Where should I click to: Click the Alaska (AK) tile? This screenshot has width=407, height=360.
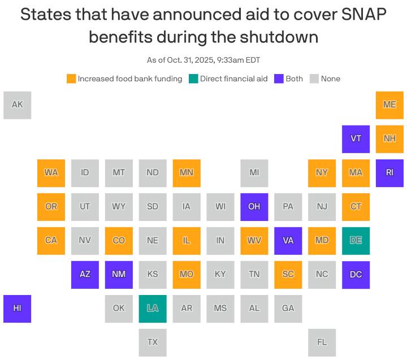click(17, 105)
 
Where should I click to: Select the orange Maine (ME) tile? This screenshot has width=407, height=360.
click(389, 105)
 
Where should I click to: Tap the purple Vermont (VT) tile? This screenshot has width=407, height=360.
click(356, 139)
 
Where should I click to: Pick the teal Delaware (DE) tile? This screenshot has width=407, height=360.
click(356, 241)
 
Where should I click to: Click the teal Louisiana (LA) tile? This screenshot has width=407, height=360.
click(153, 309)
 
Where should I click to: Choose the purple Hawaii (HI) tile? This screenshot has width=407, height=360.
click(17, 309)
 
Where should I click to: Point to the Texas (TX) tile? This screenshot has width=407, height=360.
click(153, 342)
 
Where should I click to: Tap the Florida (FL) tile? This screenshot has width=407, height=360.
click(322, 342)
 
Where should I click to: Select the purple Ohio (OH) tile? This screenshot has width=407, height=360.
click(254, 207)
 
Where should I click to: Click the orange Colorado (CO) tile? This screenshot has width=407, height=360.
click(119, 241)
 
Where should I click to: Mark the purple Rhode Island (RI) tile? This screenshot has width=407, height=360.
click(389, 173)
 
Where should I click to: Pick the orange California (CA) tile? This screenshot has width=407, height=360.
click(51, 241)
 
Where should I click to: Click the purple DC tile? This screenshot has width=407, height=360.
click(356, 275)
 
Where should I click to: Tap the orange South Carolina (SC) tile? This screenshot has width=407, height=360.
click(288, 275)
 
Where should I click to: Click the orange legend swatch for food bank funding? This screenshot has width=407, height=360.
click(71, 79)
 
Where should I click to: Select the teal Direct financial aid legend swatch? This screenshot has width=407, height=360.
click(193, 79)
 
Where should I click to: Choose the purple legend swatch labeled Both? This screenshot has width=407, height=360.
click(279, 79)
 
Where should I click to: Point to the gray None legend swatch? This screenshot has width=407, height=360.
click(314, 79)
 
